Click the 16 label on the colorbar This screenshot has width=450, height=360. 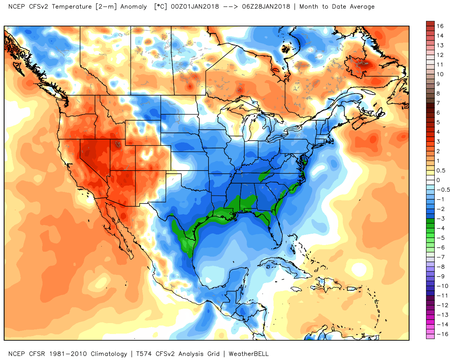click(440, 26)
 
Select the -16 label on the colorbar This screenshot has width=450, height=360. click(442, 334)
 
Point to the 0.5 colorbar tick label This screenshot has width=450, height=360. click(441, 171)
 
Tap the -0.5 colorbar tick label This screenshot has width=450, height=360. click(443, 190)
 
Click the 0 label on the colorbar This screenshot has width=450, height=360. click(438, 180)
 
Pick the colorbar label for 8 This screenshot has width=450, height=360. click(438, 94)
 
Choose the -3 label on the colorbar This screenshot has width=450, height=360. click(441, 219)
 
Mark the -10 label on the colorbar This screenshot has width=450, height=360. click(442, 286)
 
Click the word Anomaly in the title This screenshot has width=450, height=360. click(134, 7)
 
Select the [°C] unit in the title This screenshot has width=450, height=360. click(161, 7)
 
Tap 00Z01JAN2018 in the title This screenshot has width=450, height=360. click(195, 7)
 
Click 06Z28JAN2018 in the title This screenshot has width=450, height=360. click(266, 7)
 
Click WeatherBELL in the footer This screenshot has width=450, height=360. click(249, 354)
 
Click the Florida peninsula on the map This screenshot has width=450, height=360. click(276, 230)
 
